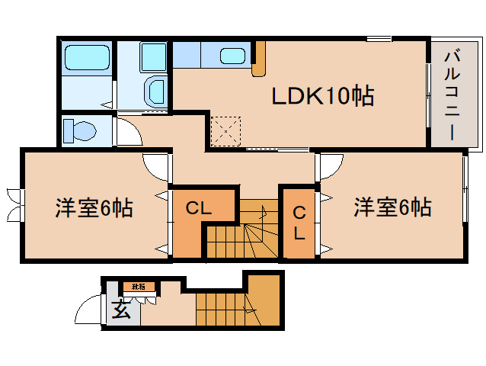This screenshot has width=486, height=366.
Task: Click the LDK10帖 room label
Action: tap(323, 96)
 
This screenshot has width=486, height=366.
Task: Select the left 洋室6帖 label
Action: tap(94, 207)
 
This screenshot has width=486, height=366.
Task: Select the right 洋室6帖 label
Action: tap(392, 207)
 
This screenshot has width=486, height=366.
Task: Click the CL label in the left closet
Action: tap(199, 207)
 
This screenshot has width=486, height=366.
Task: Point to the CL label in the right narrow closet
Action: tap(299, 223)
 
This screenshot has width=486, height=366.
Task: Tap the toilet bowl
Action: tap(79, 132)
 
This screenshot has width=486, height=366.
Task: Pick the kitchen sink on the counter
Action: tap(233, 56)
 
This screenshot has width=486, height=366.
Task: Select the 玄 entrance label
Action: tap(120, 310)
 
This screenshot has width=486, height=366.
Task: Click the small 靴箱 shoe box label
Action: tap(139, 287)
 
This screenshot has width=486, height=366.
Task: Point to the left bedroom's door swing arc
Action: tap(155, 166)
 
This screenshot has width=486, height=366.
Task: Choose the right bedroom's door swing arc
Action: tap(331, 165)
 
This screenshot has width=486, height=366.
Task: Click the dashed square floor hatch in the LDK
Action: tap(225, 130)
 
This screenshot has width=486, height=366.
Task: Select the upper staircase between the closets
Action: tap(242, 229)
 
